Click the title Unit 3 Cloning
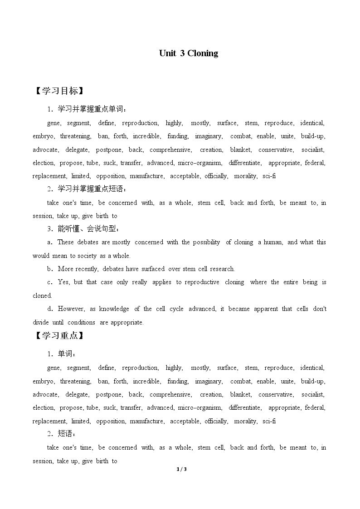[188, 53]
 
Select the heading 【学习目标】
[58, 91]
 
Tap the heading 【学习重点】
[58, 336]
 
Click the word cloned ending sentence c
[42, 296]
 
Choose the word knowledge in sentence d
[114, 309]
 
